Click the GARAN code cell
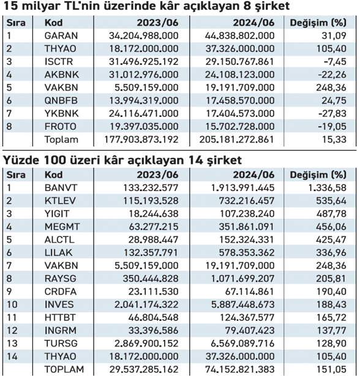(x=61, y=36)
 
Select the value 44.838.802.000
(x=239, y=36)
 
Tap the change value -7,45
(x=335, y=62)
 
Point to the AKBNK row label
(x=62, y=75)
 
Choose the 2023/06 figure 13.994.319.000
(x=144, y=100)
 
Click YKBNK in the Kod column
(x=62, y=113)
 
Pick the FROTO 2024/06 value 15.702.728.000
(x=240, y=126)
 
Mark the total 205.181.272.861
(x=236, y=140)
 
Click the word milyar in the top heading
(x=39, y=6)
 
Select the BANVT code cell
(x=61, y=188)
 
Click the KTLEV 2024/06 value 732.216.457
(x=247, y=201)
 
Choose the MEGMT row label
(x=62, y=227)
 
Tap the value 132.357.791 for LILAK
(x=151, y=252)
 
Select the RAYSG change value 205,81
(x=331, y=279)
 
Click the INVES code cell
(x=59, y=304)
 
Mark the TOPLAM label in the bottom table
(x=64, y=369)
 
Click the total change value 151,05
(x=331, y=369)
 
